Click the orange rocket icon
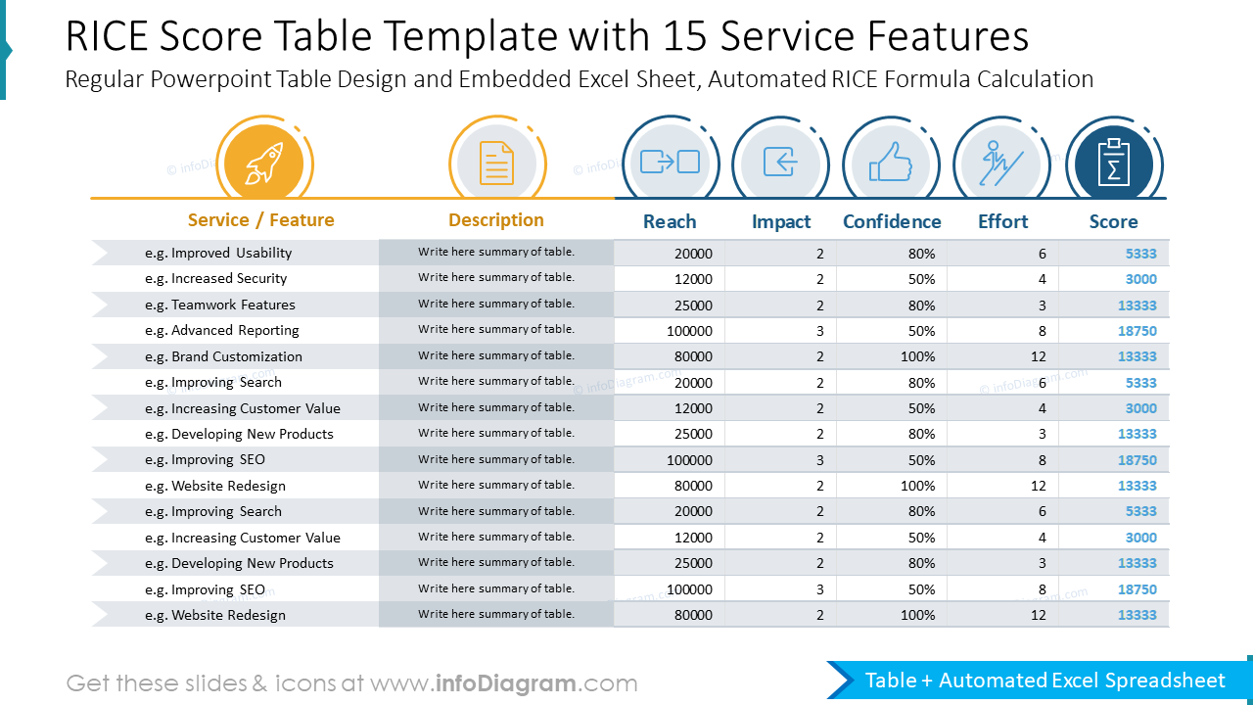tap(264, 164)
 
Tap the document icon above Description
tap(496, 164)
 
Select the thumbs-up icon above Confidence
tap(891, 162)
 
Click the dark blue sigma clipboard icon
tap(1113, 163)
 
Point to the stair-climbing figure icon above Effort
tap(1001, 164)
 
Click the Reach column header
tap(670, 221)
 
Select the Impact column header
tap(781, 222)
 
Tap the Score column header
tap(1113, 221)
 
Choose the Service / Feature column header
tap(260, 220)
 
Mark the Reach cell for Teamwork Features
tap(693, 305)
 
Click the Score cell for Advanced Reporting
tap(1137, 331)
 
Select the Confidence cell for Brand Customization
tap(917, 357)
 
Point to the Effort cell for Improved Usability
tap(1043, 254)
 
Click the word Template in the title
tap(473, 36)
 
